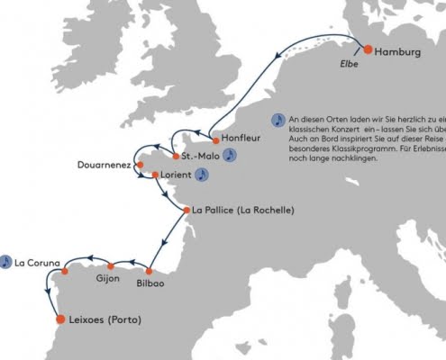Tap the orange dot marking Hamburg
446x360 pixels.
[368, 50]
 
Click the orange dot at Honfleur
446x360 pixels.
[215, 140]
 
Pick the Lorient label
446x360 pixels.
[177, 175]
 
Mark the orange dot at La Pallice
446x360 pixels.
[186, 211]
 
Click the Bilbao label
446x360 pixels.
[149, 283]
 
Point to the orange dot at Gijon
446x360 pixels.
[111, 265]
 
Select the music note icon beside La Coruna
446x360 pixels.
[6, 262]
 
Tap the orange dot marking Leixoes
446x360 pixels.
[60, 319]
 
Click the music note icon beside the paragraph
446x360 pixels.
[278, 120]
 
